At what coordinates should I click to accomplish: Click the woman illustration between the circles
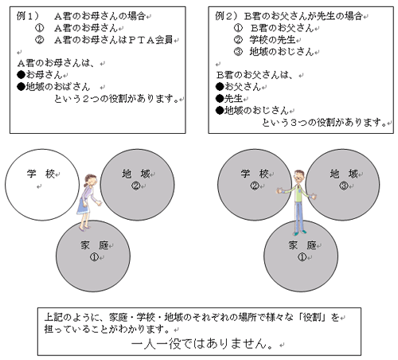pos(88,202)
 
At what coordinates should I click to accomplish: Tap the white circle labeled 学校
pos(42,185)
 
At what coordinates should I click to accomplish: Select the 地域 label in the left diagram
pos(136,174)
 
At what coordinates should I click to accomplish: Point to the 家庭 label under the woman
pos(95,245)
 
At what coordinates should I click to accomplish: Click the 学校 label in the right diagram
pos(255,174)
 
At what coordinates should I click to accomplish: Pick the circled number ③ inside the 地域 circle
pos(344,186)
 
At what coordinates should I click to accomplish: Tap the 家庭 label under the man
pos(302,245)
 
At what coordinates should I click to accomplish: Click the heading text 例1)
pos(27,16)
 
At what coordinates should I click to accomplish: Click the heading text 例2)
pos(226,16)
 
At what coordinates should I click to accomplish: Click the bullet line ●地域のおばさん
pos(53,87)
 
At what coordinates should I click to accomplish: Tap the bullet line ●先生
pos(229,99)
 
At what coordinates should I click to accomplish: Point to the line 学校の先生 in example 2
pos(272,40)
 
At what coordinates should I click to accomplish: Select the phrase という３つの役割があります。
pos(324,123)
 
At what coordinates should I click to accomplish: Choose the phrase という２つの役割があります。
pos(116,99)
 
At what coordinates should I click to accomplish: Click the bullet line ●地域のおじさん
pos(252,110)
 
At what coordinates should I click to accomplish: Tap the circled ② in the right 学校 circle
pos(254,186)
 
